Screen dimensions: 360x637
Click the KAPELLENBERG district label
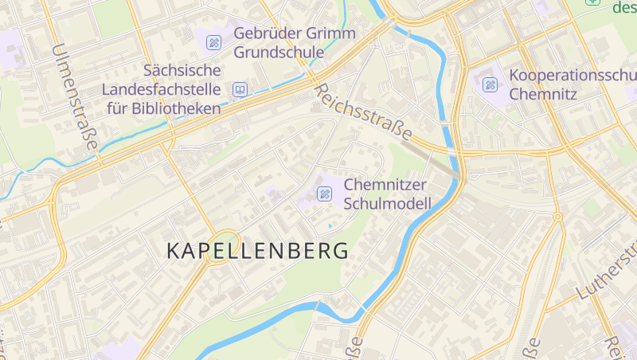(x=258, y=250)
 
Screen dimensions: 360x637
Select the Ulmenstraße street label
(x=73, y=96)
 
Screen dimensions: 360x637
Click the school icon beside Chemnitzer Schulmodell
(x=324, y=194)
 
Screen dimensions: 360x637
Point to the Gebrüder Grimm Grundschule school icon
(x=213, y=41)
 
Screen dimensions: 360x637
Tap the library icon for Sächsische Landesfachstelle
(x=240, y=89)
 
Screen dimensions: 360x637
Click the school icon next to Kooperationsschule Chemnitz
(x=490, y=84)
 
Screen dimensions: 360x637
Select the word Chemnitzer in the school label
(x=385, y=185)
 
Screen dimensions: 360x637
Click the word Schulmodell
(x=387, y=204)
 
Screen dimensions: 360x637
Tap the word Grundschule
(x=279, y=53)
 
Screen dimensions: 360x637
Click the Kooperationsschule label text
(x=573, y=76)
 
